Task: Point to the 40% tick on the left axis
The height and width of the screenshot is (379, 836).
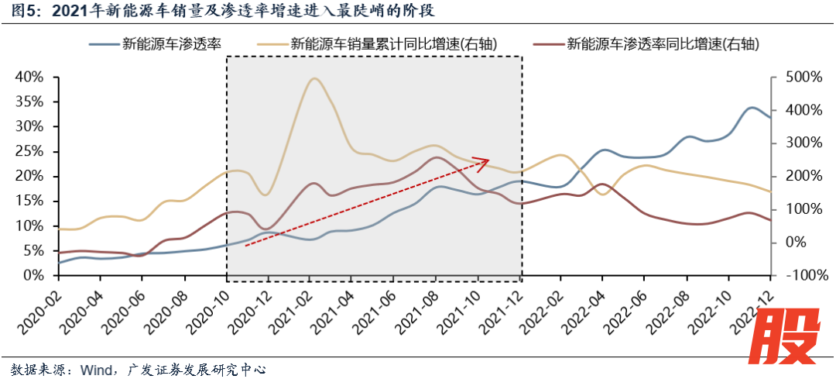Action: pos(29,77)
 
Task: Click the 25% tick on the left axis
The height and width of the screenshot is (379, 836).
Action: pos(29,151)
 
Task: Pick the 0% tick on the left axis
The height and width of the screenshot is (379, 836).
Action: pos(33,276)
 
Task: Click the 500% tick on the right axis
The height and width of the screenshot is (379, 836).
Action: pos(801,77)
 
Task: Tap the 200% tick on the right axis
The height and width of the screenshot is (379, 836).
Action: pos(801,176)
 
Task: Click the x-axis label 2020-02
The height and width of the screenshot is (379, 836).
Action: pos(39,306)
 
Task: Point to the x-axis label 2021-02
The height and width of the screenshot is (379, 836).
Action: pos(289,306)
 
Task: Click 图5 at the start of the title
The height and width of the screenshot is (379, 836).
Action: pos(20,12)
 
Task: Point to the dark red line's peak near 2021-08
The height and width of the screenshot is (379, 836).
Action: pos(437,157)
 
